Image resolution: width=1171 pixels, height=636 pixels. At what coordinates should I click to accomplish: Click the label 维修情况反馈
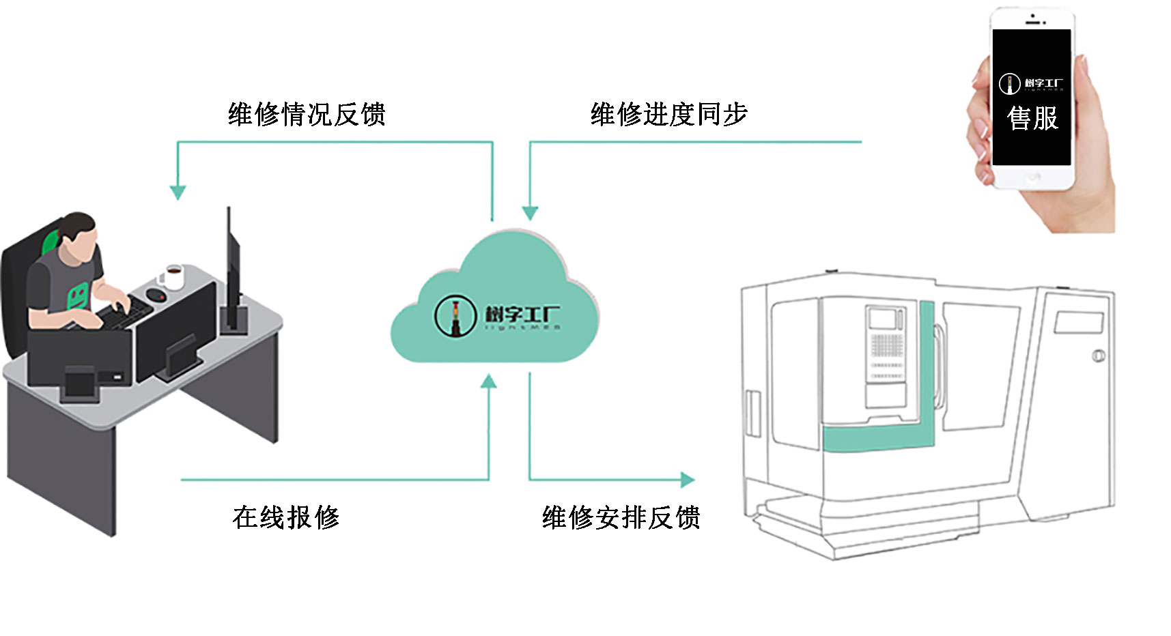click(307, 115)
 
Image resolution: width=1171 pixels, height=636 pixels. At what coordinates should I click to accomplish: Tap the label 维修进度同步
click(668, 115)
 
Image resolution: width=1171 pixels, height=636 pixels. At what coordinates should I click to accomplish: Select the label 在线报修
click(285, 517)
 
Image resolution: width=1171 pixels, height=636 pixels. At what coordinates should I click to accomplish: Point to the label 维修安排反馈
click(621, 517)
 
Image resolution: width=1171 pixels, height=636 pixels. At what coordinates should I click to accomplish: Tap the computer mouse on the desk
click(156, 295)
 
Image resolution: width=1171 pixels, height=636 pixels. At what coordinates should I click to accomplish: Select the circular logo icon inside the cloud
click(455, 315)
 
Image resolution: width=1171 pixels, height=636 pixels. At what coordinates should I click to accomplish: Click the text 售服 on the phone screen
click(1032, 118)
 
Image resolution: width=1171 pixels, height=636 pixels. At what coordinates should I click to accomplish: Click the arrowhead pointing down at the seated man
click(178, 192)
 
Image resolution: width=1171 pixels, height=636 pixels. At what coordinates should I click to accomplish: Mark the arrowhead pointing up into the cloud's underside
click(489, 381)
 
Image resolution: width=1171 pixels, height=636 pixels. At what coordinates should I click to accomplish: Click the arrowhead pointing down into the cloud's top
click(530, 213)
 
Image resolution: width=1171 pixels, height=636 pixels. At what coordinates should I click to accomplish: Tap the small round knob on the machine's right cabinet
click(1099, 356)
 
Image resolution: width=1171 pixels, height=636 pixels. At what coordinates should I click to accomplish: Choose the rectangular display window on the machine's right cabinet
click(1078, 322)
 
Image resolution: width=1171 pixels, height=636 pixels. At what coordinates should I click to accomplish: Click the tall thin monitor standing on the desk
click(232, 273)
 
